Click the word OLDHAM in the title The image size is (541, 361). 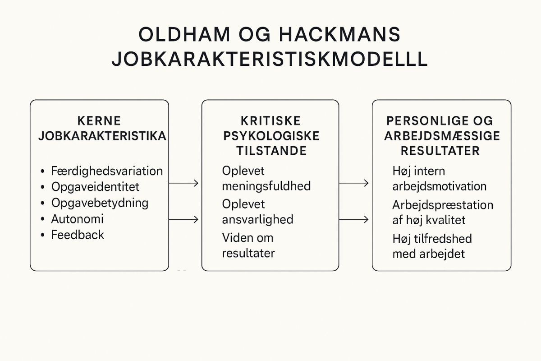(184, 34)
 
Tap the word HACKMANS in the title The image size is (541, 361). (340, 34)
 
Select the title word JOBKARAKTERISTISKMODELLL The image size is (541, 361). (270, 59)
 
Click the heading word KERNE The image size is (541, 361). (99, 121)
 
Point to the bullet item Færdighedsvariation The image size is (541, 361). (107, 171)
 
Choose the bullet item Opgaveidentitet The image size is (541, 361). (96, 187)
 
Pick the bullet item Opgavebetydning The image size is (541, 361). (100, 203)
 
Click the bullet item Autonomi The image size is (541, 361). (77, 219)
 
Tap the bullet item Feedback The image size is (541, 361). (78, 235)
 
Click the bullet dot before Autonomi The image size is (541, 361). (43, 219)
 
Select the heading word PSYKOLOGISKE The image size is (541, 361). (271, 136)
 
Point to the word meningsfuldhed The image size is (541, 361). (266, 186)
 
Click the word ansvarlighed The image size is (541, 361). (257, 220)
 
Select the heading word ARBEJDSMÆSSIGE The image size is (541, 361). (442, 136)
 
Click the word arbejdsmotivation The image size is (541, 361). (439, 186)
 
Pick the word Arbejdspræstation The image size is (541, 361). (443, 205)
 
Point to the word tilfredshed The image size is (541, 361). (443, 239)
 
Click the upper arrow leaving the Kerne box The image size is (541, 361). (183, 183)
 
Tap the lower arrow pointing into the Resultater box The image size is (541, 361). (354, 219)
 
